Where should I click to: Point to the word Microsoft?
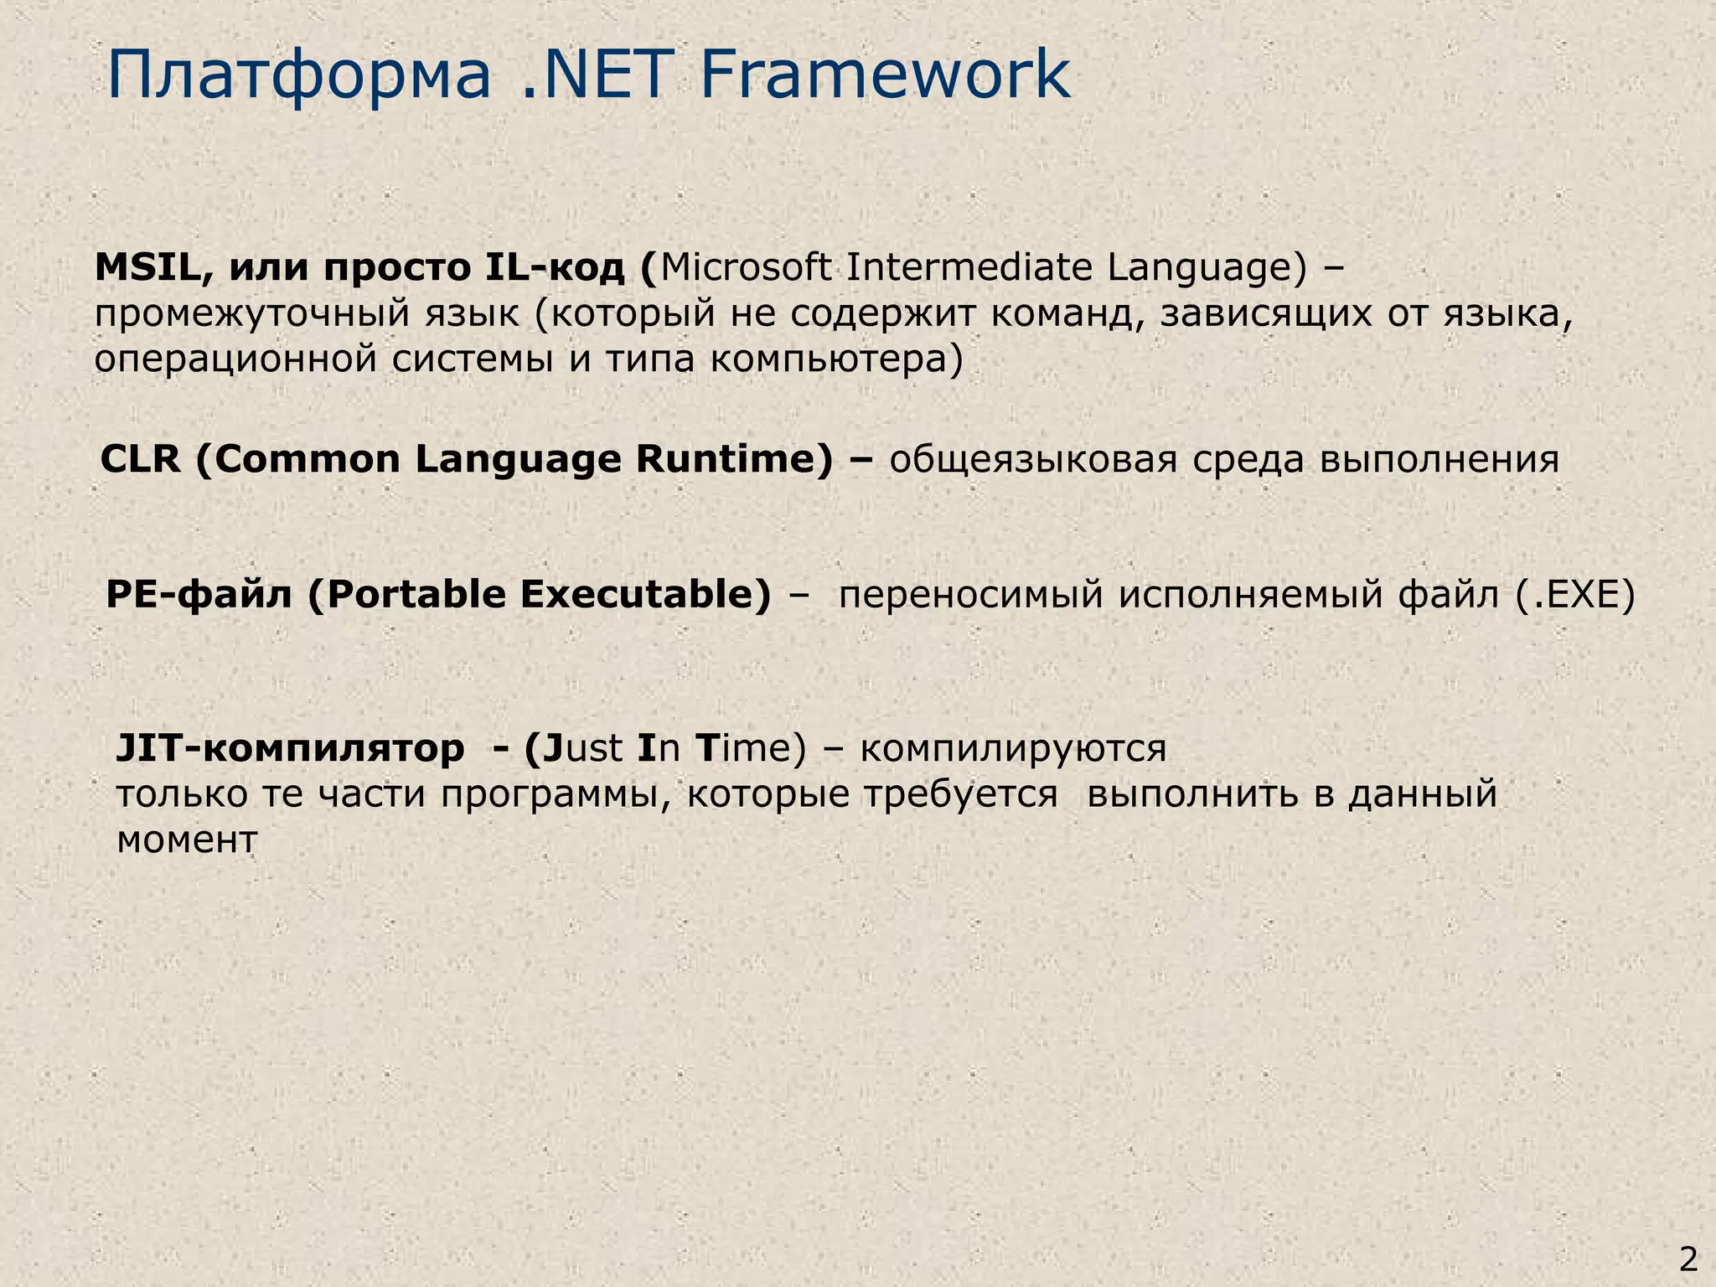tap(746, 268)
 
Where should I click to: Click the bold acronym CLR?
tap(139, 460)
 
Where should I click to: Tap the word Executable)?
tap(645, 595)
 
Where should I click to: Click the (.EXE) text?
tap(1575, 595)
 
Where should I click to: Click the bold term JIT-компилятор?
tap(290, 748)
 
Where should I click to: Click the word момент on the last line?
tap(186, 840)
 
